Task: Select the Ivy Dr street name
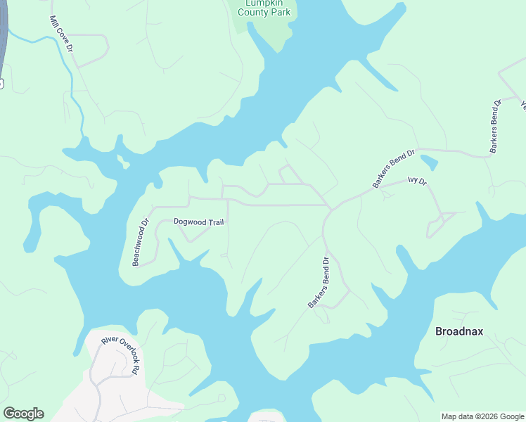(417, 181)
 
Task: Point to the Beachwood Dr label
(141, 241)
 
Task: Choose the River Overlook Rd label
(122, 355)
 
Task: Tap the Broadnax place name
(459, 331)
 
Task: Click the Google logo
(23, 414)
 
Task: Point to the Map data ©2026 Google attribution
(482, 416)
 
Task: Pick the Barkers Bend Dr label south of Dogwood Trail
(319, 282)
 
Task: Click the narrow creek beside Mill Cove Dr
(70, 77)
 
